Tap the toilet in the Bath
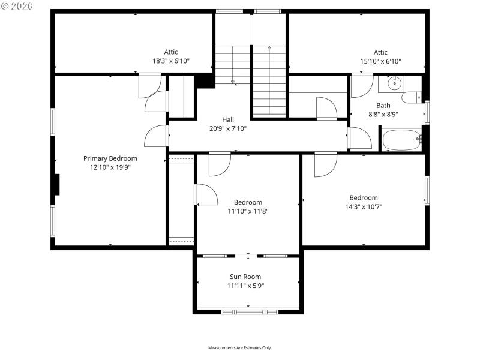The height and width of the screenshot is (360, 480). coord(412,98)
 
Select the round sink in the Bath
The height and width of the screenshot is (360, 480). coord(394,83)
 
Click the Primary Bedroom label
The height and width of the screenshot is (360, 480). coord(110,158)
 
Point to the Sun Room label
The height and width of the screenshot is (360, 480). coord(245,277)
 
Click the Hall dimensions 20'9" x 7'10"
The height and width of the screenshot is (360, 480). coord(228,128)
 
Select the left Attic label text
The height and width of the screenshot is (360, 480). coord(171,52)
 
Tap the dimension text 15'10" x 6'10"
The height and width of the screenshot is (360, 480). coord(380,61)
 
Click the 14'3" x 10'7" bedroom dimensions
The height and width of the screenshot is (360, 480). coord(364,206)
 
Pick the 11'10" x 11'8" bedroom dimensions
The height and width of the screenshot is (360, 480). coord(248,211)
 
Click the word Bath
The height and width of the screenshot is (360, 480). coord(383,106)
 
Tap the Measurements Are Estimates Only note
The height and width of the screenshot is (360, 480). coord(240,348)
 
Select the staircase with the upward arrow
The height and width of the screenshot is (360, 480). coord(269,81)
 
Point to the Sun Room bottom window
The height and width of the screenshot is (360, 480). coord(249,311)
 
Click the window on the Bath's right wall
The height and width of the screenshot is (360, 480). coord(427,112)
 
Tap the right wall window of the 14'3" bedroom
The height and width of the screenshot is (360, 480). coord(427,190)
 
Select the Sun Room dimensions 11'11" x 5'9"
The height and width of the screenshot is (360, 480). coord(245,286)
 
